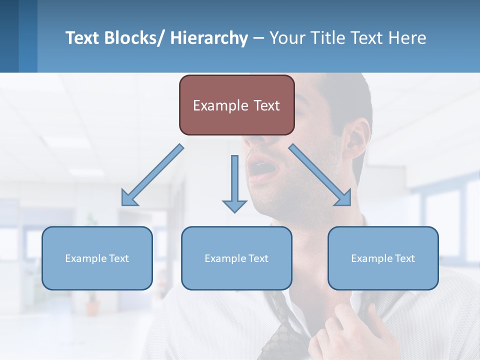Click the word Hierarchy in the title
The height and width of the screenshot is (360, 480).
pyautogui.click(x=208, y=38)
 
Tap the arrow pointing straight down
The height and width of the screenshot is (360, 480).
pyautogui.click(x=234, y=185)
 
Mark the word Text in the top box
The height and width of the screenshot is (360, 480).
pyautogui.click(x=265, y=105)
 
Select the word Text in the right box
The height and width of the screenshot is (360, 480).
pyautogui.click(x=404, y=258)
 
